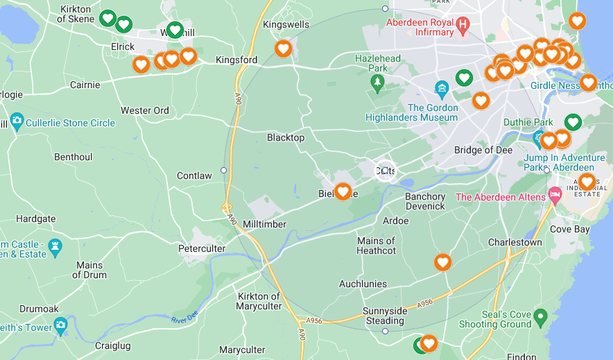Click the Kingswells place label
tap(286, 24)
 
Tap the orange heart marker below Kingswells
tap(283, 49)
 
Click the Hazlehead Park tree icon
tap(377, 84)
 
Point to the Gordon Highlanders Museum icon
tap(442, 89)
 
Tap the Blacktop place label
tap(286, 137)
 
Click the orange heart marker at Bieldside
tap(343, 191)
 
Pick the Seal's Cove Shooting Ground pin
tap(542, 316)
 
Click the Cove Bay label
tap(569, 229)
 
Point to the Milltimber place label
tap(264, 224)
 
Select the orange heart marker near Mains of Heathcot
tap(442, 262)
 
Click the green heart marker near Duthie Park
tap(572, 122)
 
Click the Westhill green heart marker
tap(175, 30)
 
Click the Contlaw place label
tap(194, 175)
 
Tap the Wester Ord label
tap(145, 110)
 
